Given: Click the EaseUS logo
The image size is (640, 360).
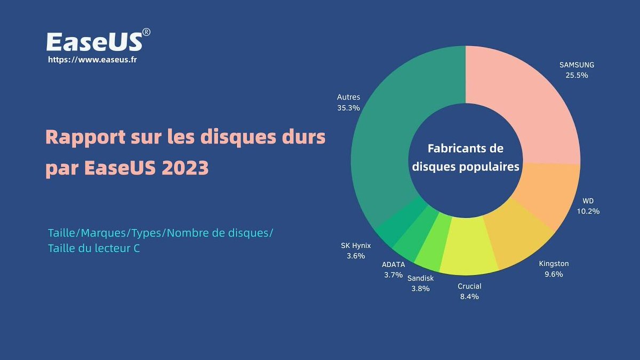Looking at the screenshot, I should tap(94, 41).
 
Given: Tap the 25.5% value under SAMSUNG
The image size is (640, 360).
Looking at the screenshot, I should tap(577, 75).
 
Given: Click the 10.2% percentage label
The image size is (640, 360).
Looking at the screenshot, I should tap(588, 211).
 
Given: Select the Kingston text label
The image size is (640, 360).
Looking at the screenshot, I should tap(554, 263).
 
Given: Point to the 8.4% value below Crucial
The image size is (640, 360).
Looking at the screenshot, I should tap(469, 297).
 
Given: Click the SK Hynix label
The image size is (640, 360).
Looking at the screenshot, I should tap(356, 246).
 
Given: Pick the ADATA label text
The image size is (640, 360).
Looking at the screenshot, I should tap(394, 265).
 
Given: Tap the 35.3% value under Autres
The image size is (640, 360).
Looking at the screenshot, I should tap(349, 107).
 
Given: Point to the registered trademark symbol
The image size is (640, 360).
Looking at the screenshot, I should tap(147, 32).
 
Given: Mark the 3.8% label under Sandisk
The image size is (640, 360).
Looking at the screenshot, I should tap(421, 288).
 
